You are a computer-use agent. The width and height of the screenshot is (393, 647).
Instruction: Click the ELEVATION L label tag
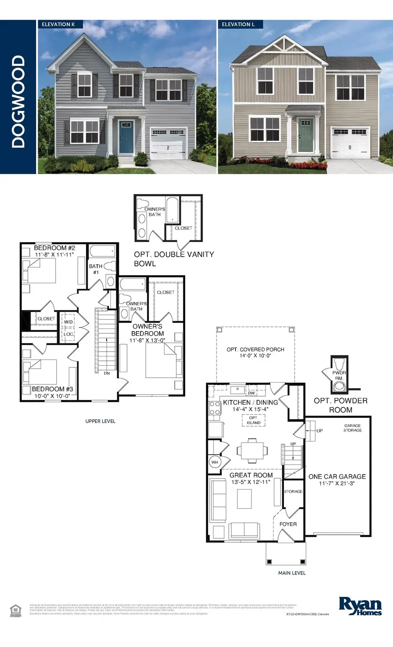[x=238, y=24]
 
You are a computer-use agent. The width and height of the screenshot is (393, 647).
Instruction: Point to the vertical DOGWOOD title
[x=18, y=101]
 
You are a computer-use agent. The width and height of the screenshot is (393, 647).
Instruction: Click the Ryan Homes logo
[x=360, y=606]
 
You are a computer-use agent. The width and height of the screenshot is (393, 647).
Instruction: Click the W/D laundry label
[x=69, y=322]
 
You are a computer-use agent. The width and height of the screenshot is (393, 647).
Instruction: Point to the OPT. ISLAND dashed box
[x=253, y=420]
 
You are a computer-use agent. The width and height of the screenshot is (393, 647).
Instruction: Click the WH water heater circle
[x=215, y=462]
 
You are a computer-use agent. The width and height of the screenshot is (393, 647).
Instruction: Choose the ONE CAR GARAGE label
[x=337, y=476]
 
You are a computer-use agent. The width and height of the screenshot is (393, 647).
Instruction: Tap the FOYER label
[x=288, y=524]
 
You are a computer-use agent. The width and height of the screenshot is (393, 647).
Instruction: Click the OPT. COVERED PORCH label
[x=255, y=349]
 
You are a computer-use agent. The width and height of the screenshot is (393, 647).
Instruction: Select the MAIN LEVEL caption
[x=292, y=573]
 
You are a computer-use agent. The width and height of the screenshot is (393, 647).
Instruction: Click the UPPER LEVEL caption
[x=100, y=421]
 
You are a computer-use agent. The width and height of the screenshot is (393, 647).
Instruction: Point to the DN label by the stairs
[x=107, y=373]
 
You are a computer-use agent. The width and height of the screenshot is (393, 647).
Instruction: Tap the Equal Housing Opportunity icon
[x=16, y=609]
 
